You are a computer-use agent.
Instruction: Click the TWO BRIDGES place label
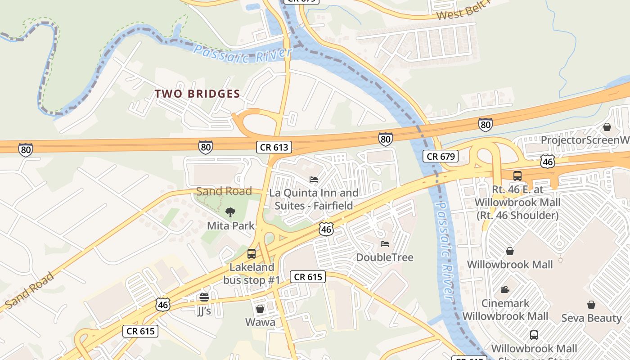pyautogui.click(x=197, y=94)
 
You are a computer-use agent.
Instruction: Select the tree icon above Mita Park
pyautogui.click(x=230, y=212)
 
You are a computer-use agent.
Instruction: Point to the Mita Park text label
pyautogui.click(x=231, y=225)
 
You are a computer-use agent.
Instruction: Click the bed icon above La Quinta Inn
pyautogui.click(x=314, y=180)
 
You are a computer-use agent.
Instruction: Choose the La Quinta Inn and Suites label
pyautogui.click(x=314, y=199)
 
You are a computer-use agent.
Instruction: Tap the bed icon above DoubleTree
pyautogui.click(x=385, y=244)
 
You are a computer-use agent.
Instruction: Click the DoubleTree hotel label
pyautogui.click(x=385, y=257)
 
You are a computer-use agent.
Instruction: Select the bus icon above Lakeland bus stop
pyautogui.click(x=252, y=254)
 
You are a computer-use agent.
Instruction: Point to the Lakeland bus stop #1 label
pyautogui.click(x=252, y=274)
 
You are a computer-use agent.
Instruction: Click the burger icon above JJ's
pyautogui.click(x=204, y=297)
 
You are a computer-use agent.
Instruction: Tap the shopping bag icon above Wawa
pyautogui.click(x=260, y=309)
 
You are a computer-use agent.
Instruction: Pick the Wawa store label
pyautogui.click(x=260, y=322)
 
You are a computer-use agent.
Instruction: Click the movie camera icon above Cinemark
pyautogui.click(x=505, y=290)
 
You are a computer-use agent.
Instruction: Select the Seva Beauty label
pyautogui.click(x=591, y=318)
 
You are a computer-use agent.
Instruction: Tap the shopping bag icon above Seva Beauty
pyautogui.click(x=591, y=305)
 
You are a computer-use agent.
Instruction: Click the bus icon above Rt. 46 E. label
pyautogui.click(x=517, y=176)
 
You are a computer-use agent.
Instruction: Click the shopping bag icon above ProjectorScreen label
pyautogui.click(x=607, y=127)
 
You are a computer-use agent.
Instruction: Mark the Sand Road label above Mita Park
pyautogui.click(x=224, y=191)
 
